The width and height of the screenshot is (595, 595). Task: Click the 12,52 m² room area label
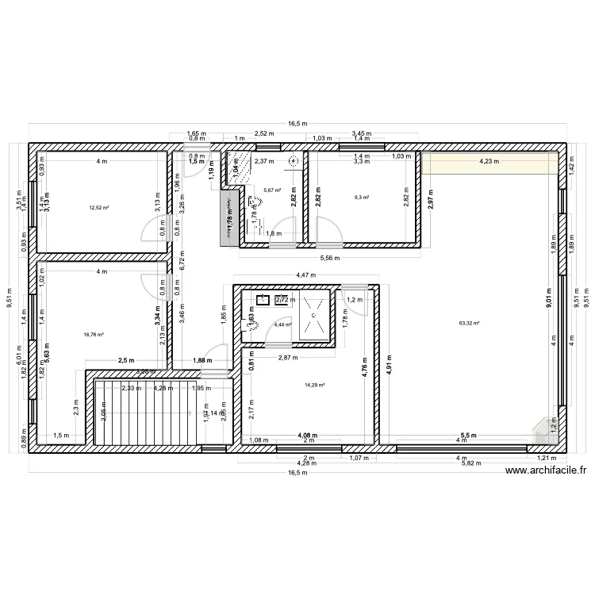tap(99, 207)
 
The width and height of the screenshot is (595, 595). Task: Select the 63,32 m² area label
tap(470, 323)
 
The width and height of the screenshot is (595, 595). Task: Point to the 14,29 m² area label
tap(315, 386)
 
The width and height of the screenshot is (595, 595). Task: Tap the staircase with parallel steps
tap(144, 412)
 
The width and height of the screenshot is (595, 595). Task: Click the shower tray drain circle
tap(314, 316)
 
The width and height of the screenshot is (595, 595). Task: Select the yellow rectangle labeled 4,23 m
tap(489, 163)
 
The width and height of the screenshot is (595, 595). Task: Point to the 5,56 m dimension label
tap(330, 258)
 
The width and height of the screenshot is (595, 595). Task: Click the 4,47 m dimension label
tap(305, 275)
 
